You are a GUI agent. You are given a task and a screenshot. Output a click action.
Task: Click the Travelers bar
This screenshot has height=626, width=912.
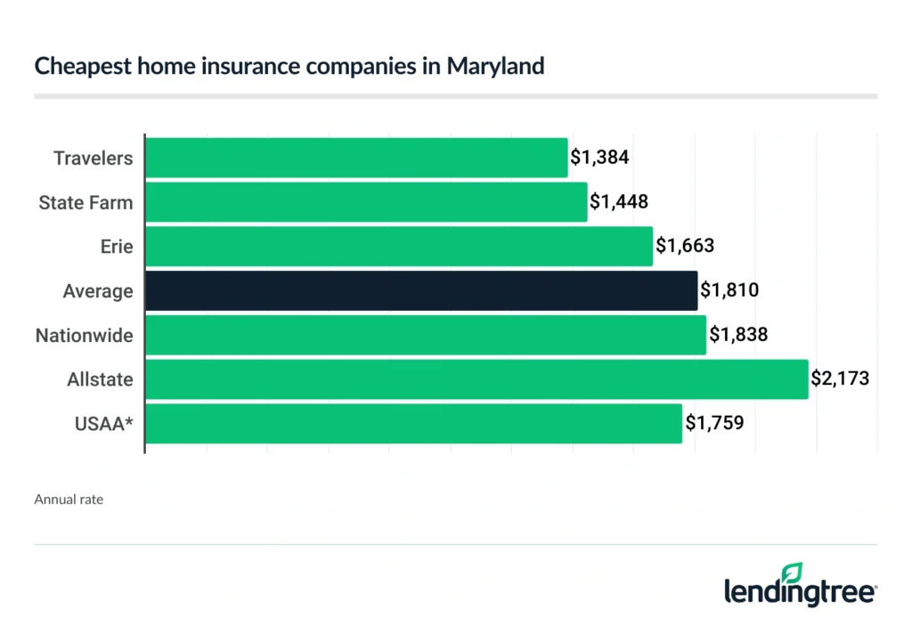click(356, 158)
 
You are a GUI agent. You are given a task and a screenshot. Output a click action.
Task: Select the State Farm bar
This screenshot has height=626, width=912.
click(366, 202)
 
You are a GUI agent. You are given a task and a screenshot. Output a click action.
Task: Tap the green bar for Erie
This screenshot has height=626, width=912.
click(399, 247)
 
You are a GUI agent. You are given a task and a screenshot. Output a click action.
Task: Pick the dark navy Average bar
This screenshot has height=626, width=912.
click(421, 291)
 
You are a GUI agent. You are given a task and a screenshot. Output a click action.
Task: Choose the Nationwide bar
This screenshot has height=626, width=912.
click(426, 336)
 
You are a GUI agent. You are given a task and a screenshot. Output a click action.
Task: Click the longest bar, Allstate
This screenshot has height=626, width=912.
click(476, 379)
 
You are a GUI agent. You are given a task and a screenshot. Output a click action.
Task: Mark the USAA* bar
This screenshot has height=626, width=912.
click(413, 424)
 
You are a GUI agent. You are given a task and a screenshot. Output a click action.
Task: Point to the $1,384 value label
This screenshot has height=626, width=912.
click(600, 158)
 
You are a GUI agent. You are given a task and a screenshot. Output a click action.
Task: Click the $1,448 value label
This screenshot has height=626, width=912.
click(619, 202)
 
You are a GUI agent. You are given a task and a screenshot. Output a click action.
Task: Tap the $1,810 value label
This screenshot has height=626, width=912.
click(729, 291)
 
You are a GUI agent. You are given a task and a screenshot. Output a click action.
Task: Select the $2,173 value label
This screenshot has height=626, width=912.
click(839, 379)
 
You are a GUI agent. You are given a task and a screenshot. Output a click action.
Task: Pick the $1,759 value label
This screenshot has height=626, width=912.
click(713, 424)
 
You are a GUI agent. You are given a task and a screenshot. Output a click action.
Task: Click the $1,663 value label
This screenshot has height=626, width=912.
click(685, 247)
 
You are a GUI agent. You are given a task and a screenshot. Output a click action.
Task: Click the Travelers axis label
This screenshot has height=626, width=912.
click(93, 159)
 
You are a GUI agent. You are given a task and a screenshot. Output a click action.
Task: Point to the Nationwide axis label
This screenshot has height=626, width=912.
click(84, 336)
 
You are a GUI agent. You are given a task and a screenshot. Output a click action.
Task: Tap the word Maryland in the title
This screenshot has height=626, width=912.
click(495, 67)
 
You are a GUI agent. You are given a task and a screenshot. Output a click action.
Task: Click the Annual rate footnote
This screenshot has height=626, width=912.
click(69, 500)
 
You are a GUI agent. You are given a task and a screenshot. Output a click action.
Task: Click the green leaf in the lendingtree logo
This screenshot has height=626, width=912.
click(791, 573)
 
